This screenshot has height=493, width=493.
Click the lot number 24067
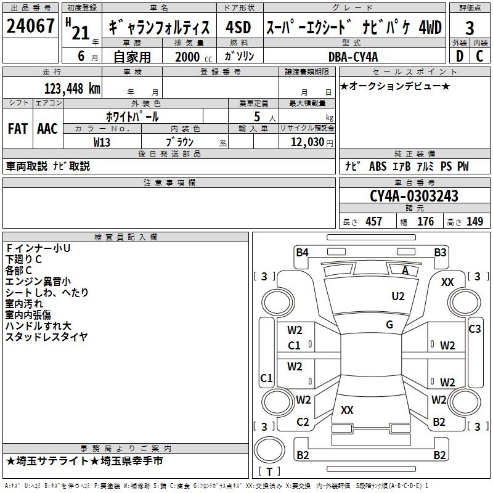click(x=30, y=26)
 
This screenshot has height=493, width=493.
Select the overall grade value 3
click(x=470, y=28)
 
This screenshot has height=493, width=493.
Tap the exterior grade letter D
click(x=460, y=56)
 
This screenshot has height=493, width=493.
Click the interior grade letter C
click(x=479, y=56)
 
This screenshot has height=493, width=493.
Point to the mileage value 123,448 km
click(x=72, y=89)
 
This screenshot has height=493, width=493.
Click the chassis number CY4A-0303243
click(x=414, y=196)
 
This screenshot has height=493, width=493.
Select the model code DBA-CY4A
click(x=353, y=57)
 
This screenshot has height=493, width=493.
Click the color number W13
click(x=102, y=142)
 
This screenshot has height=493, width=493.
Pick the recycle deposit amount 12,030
click(x=307, y=142)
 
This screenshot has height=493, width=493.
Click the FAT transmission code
click(x=18, y=129)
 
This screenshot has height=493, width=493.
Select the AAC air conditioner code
click(x=47, y=129)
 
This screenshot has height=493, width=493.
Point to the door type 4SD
click(x=238, y=27)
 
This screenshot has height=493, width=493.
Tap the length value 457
click(x=374, y=221)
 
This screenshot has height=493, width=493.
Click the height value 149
click(x=475, y=221)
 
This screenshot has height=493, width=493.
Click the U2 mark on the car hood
click(x=398, y=296)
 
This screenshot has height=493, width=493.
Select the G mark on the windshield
click(x=389, y=325)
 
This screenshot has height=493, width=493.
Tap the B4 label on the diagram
click(x=302, y=253)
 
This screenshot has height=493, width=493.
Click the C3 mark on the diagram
click(x=475, y=329)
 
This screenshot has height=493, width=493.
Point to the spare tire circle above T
click(x=269, y=450)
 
